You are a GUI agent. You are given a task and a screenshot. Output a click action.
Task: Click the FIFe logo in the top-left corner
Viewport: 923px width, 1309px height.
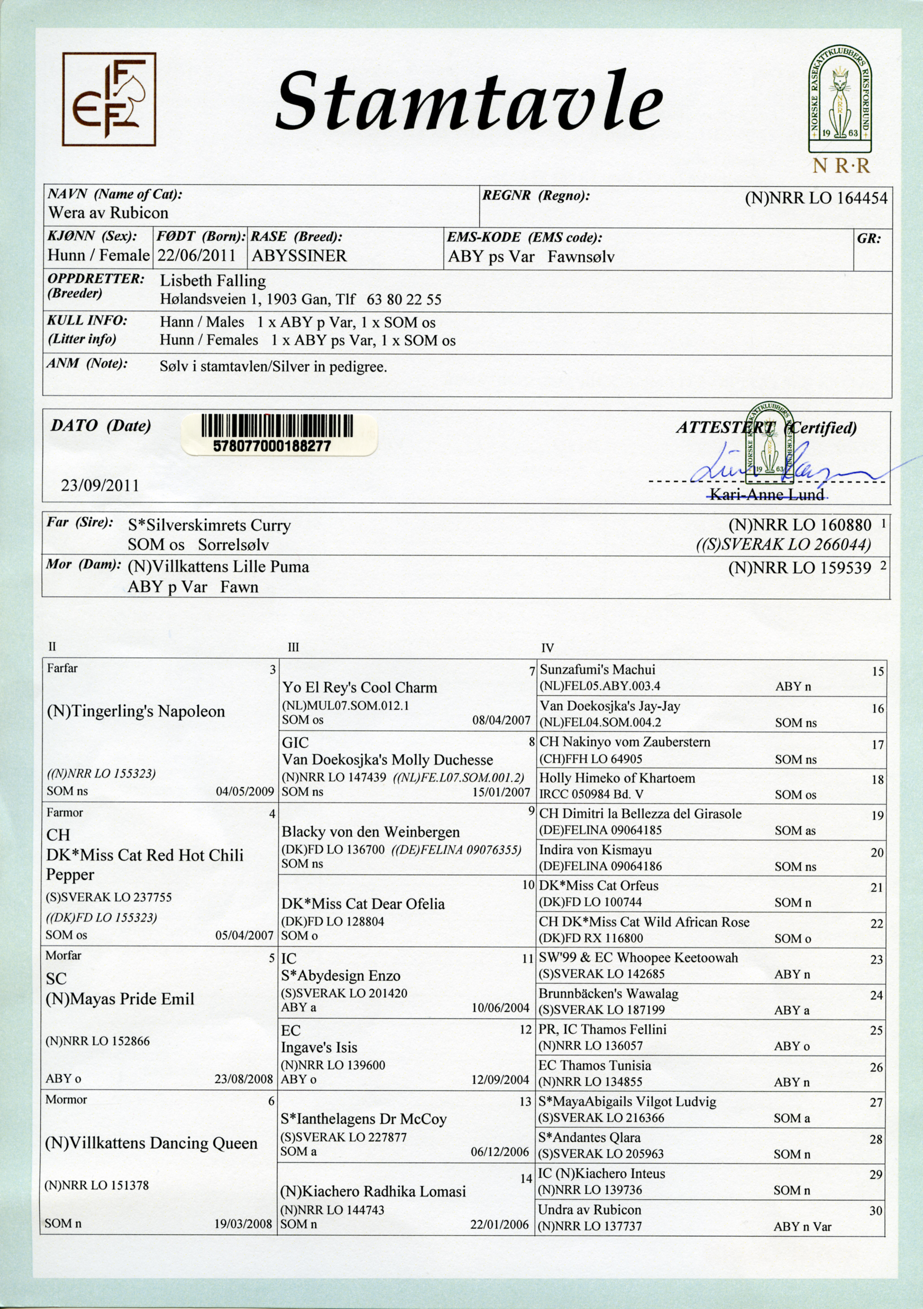click(x=109, y=99)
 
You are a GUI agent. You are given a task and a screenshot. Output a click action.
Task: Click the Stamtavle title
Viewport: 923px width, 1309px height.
click(x=469, y=101)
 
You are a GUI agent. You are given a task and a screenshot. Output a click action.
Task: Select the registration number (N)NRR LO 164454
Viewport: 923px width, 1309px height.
click(x=816, y=199)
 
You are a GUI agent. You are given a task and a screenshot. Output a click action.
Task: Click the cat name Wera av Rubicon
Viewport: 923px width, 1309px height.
click(x=109, y=213)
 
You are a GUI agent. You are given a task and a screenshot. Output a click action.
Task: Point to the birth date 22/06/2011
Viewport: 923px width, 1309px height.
click(x=197, y=255)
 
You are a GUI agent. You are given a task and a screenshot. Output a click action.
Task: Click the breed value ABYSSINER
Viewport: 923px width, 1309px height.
click(x=299, y=255)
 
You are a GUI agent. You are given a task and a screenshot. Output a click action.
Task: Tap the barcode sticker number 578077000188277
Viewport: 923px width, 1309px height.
click(x=272, y=446)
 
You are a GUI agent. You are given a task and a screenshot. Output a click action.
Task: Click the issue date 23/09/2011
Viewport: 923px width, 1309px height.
click(x=100, y=485)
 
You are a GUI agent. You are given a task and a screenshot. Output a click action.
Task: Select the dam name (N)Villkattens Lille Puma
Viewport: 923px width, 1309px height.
click(x=218, y=567)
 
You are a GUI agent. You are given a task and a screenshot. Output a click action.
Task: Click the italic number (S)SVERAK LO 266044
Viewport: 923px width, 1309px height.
click(x=783, y=545)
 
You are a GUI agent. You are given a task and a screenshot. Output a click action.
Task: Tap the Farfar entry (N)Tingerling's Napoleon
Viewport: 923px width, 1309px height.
click(x=136, y=712)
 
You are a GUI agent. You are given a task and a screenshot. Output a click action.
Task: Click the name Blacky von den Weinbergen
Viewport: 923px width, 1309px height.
click(x=371, y=832)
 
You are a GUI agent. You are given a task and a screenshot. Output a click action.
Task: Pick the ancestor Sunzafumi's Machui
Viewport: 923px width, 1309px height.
click(x=597, y=670)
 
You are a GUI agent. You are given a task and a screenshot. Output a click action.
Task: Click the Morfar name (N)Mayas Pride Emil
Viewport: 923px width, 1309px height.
click(x=120, y=999)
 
